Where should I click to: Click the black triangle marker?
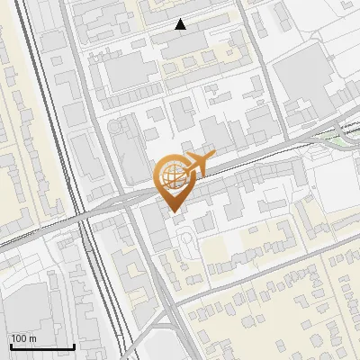coord(181,24)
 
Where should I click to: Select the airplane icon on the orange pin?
coord(195,165)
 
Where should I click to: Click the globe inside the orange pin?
coord(172,175)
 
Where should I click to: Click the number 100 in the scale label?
coord(19,338)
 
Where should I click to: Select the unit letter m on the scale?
coord(31,338)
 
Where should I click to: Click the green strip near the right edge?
coord(337,137)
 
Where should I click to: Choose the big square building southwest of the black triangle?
coord(130,72)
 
